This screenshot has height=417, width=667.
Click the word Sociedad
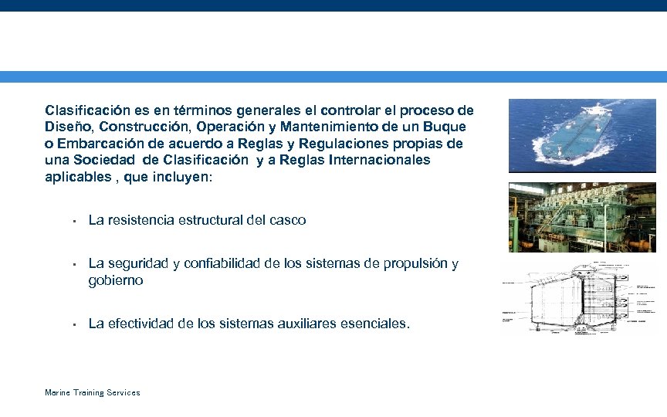click(x=110, y=160)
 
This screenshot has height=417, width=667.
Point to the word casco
click(x=287, y=220)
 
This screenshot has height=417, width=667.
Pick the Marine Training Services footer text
click(x=92, y=392)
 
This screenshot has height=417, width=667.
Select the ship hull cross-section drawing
click(x=576, y=297)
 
